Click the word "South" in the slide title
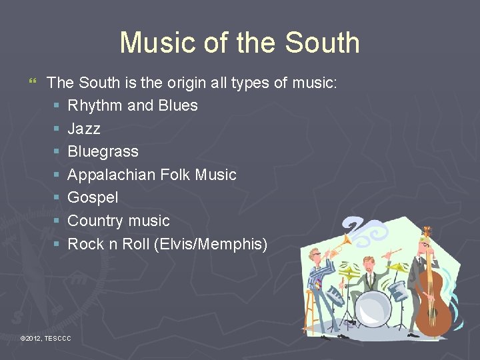pyautogui.click(x=322, y=43)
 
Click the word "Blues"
pyautogui.click(x=178, y=105)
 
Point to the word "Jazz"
pyautogui.click(x=84, y=128)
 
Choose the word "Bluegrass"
pyautogui.click(x=103, y=151)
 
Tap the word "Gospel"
pyautogui.click(x=93, y=197)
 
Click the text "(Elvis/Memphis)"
pyautogui.click(x=210, y=244)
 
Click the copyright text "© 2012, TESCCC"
pyautogui.click(x=46, y=339)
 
